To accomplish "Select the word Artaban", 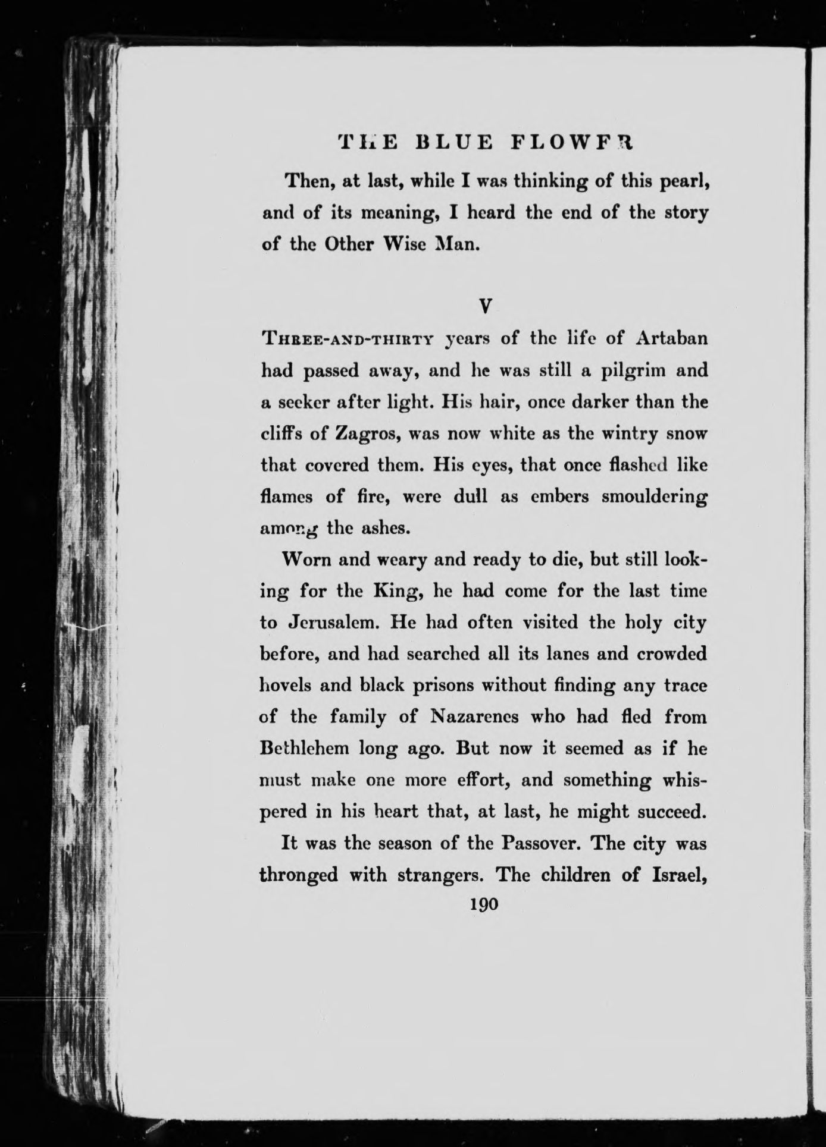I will [x=672, y=338].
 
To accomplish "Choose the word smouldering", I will [x=654, y=496].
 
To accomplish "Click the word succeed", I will [x=668, y=811].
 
